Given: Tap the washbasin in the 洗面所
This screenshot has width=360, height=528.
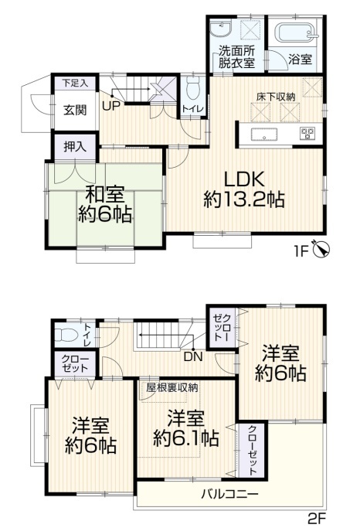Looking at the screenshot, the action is pyautogui.click(x=220, y=29).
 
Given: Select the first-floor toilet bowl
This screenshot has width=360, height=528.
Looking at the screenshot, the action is pyautogui.click(x=193, y=88).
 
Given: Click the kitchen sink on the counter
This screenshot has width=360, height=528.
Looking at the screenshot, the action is pyautogui.click(x=264, y=135).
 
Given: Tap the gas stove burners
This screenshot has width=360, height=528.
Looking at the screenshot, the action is pyautogui.click(x=307, y=133).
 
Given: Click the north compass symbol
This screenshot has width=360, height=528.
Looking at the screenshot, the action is pyautogui.click(x=321, y=250).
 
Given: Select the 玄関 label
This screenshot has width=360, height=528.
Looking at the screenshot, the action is pyautogui.click(x=76, y=110).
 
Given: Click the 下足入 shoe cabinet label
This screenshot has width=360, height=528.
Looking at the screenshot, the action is pyautogui.click(x=75, y=83).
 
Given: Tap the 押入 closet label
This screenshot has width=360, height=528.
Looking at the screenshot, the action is pyautogui.click(x=76, y=147).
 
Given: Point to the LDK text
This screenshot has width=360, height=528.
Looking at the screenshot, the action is pyautogui.click(x=244, y=180).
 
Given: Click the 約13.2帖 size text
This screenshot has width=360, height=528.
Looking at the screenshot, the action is pyautogui.click(x=244, y=200).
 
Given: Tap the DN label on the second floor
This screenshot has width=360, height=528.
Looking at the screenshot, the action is pyautogui.click(x=193, y=357).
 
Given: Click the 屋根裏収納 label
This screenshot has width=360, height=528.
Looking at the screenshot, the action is pyautogui.click(x=172, y=387).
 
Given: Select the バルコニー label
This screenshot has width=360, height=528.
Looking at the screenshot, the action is pyautogui.click(x=230, y=495).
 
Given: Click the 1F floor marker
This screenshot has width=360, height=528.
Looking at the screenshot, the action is pyautogui.click(x=302, y=251).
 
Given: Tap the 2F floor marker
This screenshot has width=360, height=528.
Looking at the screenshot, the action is pyautogui.click(x=316, y=517).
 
